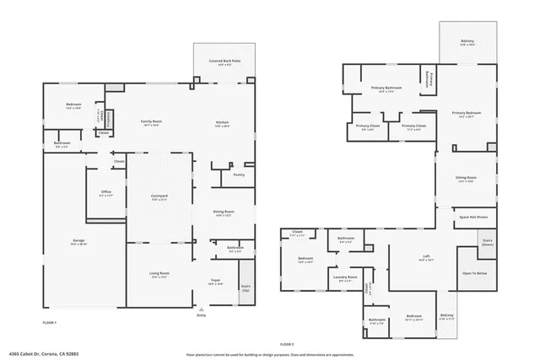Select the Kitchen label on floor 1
pos(222,123)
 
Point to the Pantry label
pos(239,175)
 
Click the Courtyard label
pos(159,197)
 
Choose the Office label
pos(106,193)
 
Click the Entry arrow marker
pos(201,308)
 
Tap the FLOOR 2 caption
pos(288,345)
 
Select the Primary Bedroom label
pos(466,114)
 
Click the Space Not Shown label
pos(473,218)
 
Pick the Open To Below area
pos(473,273)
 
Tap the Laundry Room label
pos(345,277)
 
